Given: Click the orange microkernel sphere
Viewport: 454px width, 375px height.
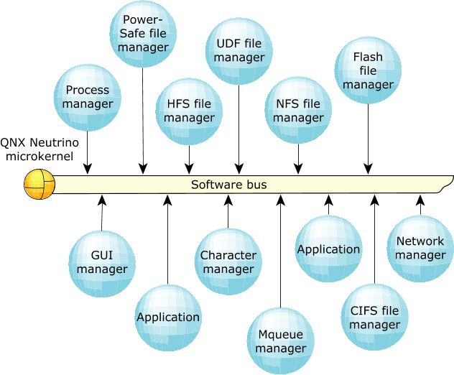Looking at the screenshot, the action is click(x=40, y=184).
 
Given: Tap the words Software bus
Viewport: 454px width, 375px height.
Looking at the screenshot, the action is click(x=228, y=185).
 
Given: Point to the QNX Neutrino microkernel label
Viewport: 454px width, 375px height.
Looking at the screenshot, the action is click(x=40, y=149).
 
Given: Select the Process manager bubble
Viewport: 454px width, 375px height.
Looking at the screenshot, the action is click(x=88, y=98).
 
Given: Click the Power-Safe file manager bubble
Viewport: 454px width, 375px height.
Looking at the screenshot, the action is click(x=143, y=34).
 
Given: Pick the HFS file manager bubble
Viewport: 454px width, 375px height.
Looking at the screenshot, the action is click(x=189, y=111).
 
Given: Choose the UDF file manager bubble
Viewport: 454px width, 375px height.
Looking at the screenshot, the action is click(x=239, y=51).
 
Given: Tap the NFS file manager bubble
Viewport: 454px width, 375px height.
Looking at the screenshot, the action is click(x=298, y=111).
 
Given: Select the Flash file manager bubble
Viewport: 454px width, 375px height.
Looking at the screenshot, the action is click(x=368, y=70).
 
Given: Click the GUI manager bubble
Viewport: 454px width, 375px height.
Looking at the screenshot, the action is click(x=102, y=264).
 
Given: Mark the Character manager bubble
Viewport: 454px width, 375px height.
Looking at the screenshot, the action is click(x=228, y=261).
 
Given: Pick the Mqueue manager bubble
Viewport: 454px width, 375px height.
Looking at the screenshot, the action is click(x=281, y=341).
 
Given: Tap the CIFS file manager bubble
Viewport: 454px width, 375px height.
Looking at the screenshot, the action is click(x=375, y=317).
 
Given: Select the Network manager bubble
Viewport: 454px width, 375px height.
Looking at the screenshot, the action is click(x=420, y=249).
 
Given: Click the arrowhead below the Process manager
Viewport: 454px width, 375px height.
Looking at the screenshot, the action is click(x=88, y=169).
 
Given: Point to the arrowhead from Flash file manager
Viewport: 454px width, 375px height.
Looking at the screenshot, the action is click(x=368, y=169).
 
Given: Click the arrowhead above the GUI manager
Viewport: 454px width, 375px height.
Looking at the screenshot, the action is click(x=102, y=200).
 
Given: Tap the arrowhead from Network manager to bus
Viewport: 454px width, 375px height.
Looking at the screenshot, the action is click(x=420, y=200).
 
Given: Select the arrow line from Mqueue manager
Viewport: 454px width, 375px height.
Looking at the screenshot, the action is click(x=280, y=251).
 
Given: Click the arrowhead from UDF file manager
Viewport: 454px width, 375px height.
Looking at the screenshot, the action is click(x=239, y=169).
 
